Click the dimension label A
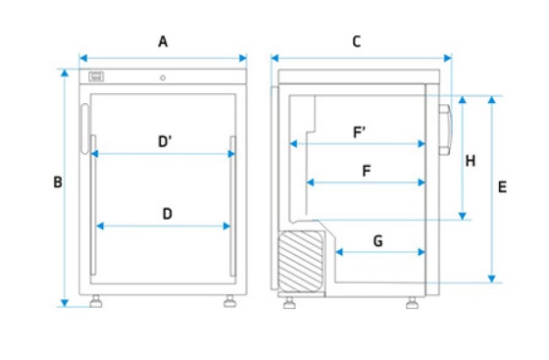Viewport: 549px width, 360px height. (x=163, y=41)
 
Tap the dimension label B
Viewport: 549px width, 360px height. (x=58, y=182)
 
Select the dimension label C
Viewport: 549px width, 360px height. (x=357, y=41)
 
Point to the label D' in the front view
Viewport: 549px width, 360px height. (x=165, y=141)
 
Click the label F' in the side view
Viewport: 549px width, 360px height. (x=359, y=132)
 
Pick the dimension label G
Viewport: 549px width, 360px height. (x=378, y=241)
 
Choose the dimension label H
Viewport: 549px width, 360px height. (x=471, y=161)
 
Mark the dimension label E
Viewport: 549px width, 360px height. (x=502, y=187)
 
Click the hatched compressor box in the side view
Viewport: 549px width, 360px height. (x=300, y=261)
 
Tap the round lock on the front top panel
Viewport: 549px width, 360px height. (x=163, y=77)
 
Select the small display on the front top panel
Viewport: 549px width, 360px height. (x=96, y=77)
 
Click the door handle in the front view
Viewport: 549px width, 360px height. (x=85, y=129)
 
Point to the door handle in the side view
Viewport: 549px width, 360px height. (x=445, y=129)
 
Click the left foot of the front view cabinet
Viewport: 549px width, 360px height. (x=96, y=301)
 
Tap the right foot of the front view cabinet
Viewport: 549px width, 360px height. (x=229, y=301)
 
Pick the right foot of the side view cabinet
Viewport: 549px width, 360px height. (x=412, y=303)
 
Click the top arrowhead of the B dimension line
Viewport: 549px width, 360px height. (x=65, y=73)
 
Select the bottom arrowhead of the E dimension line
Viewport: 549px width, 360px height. (x=491, y=279)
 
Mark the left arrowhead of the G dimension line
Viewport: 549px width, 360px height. (x=339, y=252)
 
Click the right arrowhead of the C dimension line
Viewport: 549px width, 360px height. (x=447, y=58)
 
